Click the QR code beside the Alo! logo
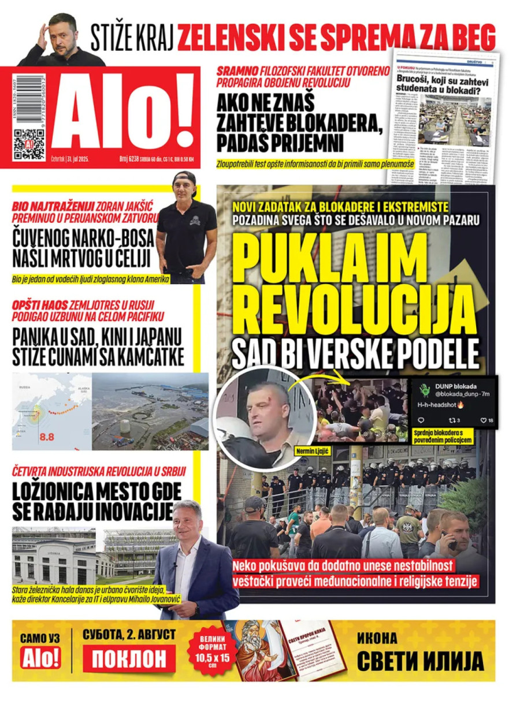pyautogui.click(x=29, y=144)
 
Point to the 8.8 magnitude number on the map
pyautogui.click(x=47, y=437)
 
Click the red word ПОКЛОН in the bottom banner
pyautogui.click(x=129, y=657)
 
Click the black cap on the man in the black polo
pyautogui.click(x=185, y=178)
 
